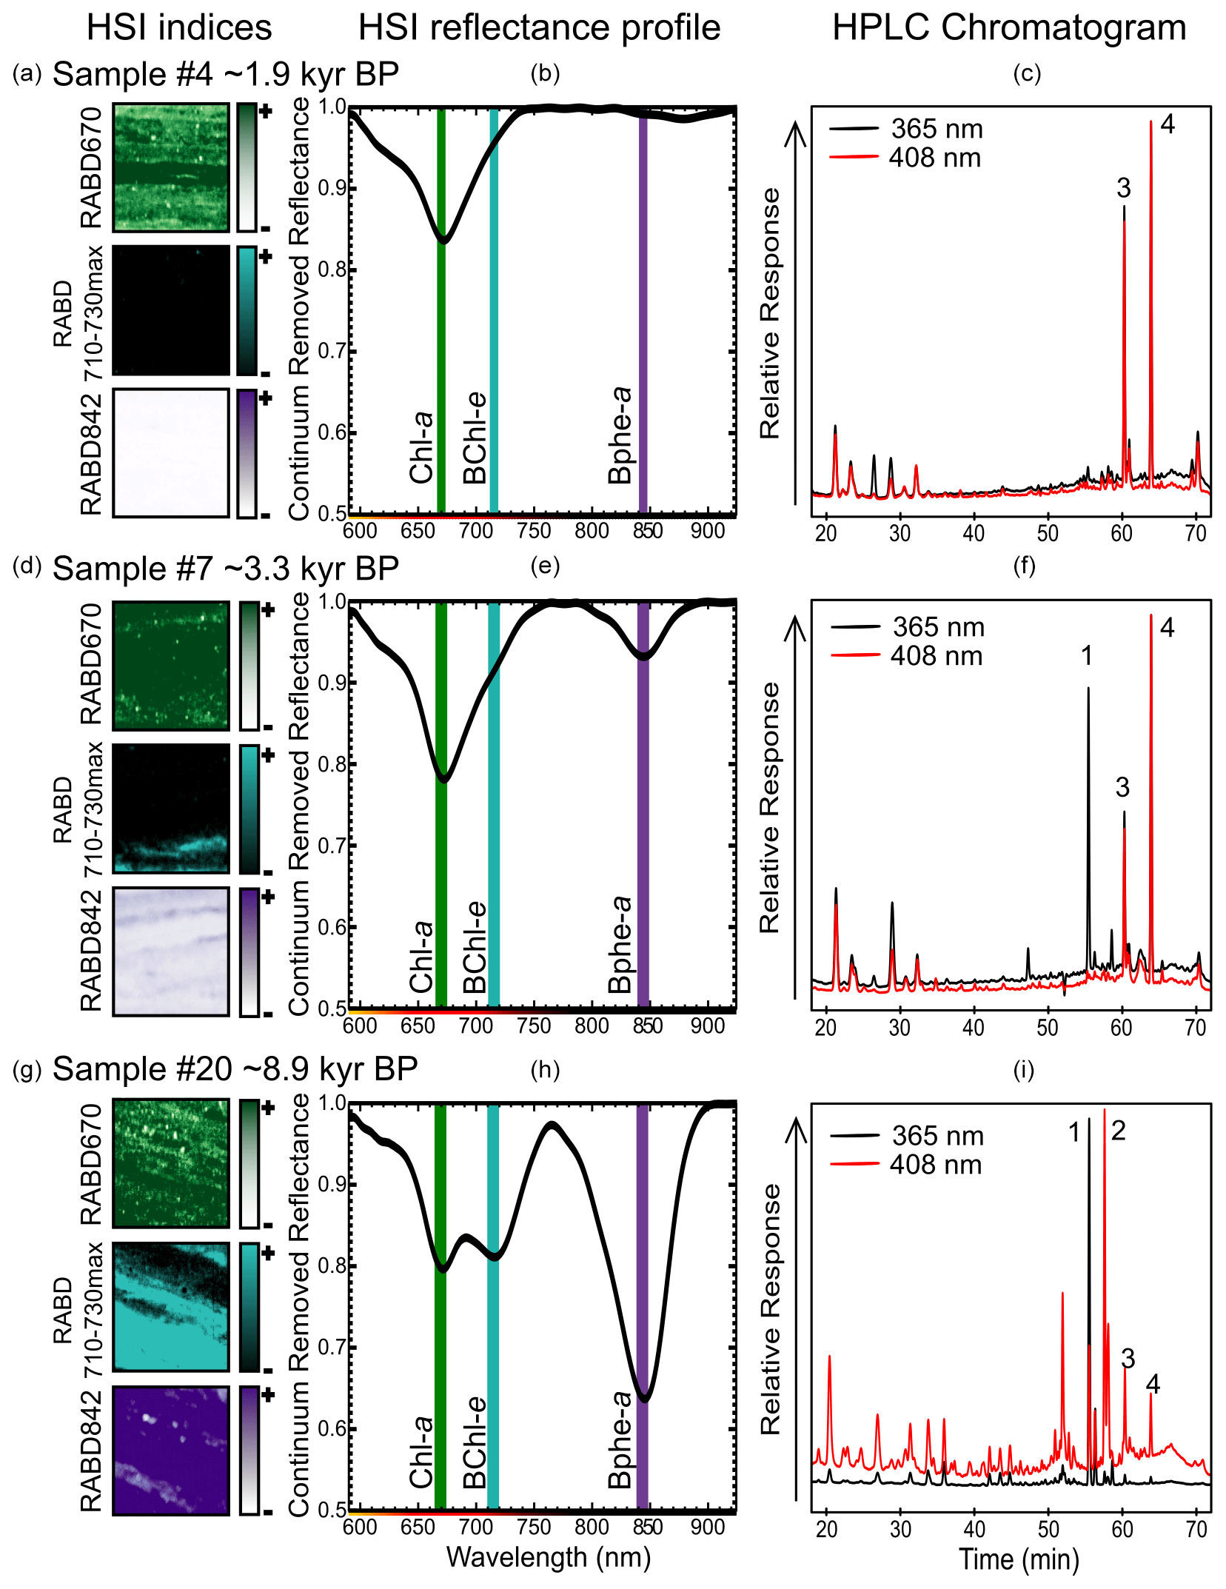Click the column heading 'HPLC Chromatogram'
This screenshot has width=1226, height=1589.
[x=1008, y=28]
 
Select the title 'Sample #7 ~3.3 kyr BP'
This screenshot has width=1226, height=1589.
[x=226, y=569]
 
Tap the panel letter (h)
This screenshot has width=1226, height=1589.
[x=545, y=1070]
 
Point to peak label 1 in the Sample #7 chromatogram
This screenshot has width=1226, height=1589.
[x=1086, y=655]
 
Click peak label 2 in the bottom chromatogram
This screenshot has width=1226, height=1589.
[x=1118, y=1131]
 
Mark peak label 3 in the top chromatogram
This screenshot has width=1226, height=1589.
[x=1123, y=189]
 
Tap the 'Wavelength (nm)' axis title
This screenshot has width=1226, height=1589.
[x=549, y=1557]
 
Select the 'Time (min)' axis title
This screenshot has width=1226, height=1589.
[x=1019, y=1559]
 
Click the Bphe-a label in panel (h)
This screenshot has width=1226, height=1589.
[x=620, y=1440]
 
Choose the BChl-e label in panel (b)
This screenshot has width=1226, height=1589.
[x=475, y=438]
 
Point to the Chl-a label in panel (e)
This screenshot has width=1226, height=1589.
[x=421, y=957]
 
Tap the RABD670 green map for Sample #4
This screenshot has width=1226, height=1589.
[x=171, y=168]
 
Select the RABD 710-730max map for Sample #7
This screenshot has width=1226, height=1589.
[x=171, y=809]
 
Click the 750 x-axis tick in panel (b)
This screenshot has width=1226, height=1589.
[x=534, y=531]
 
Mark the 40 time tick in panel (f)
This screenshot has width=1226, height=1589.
[x=974, y=1028]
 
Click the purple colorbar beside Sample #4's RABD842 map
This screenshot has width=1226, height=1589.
[x=247, y=453]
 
